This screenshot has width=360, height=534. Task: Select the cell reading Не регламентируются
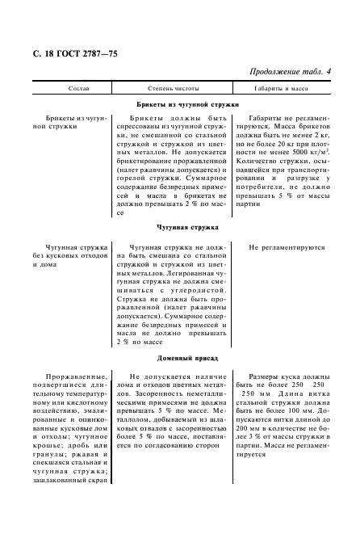(287, 248)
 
